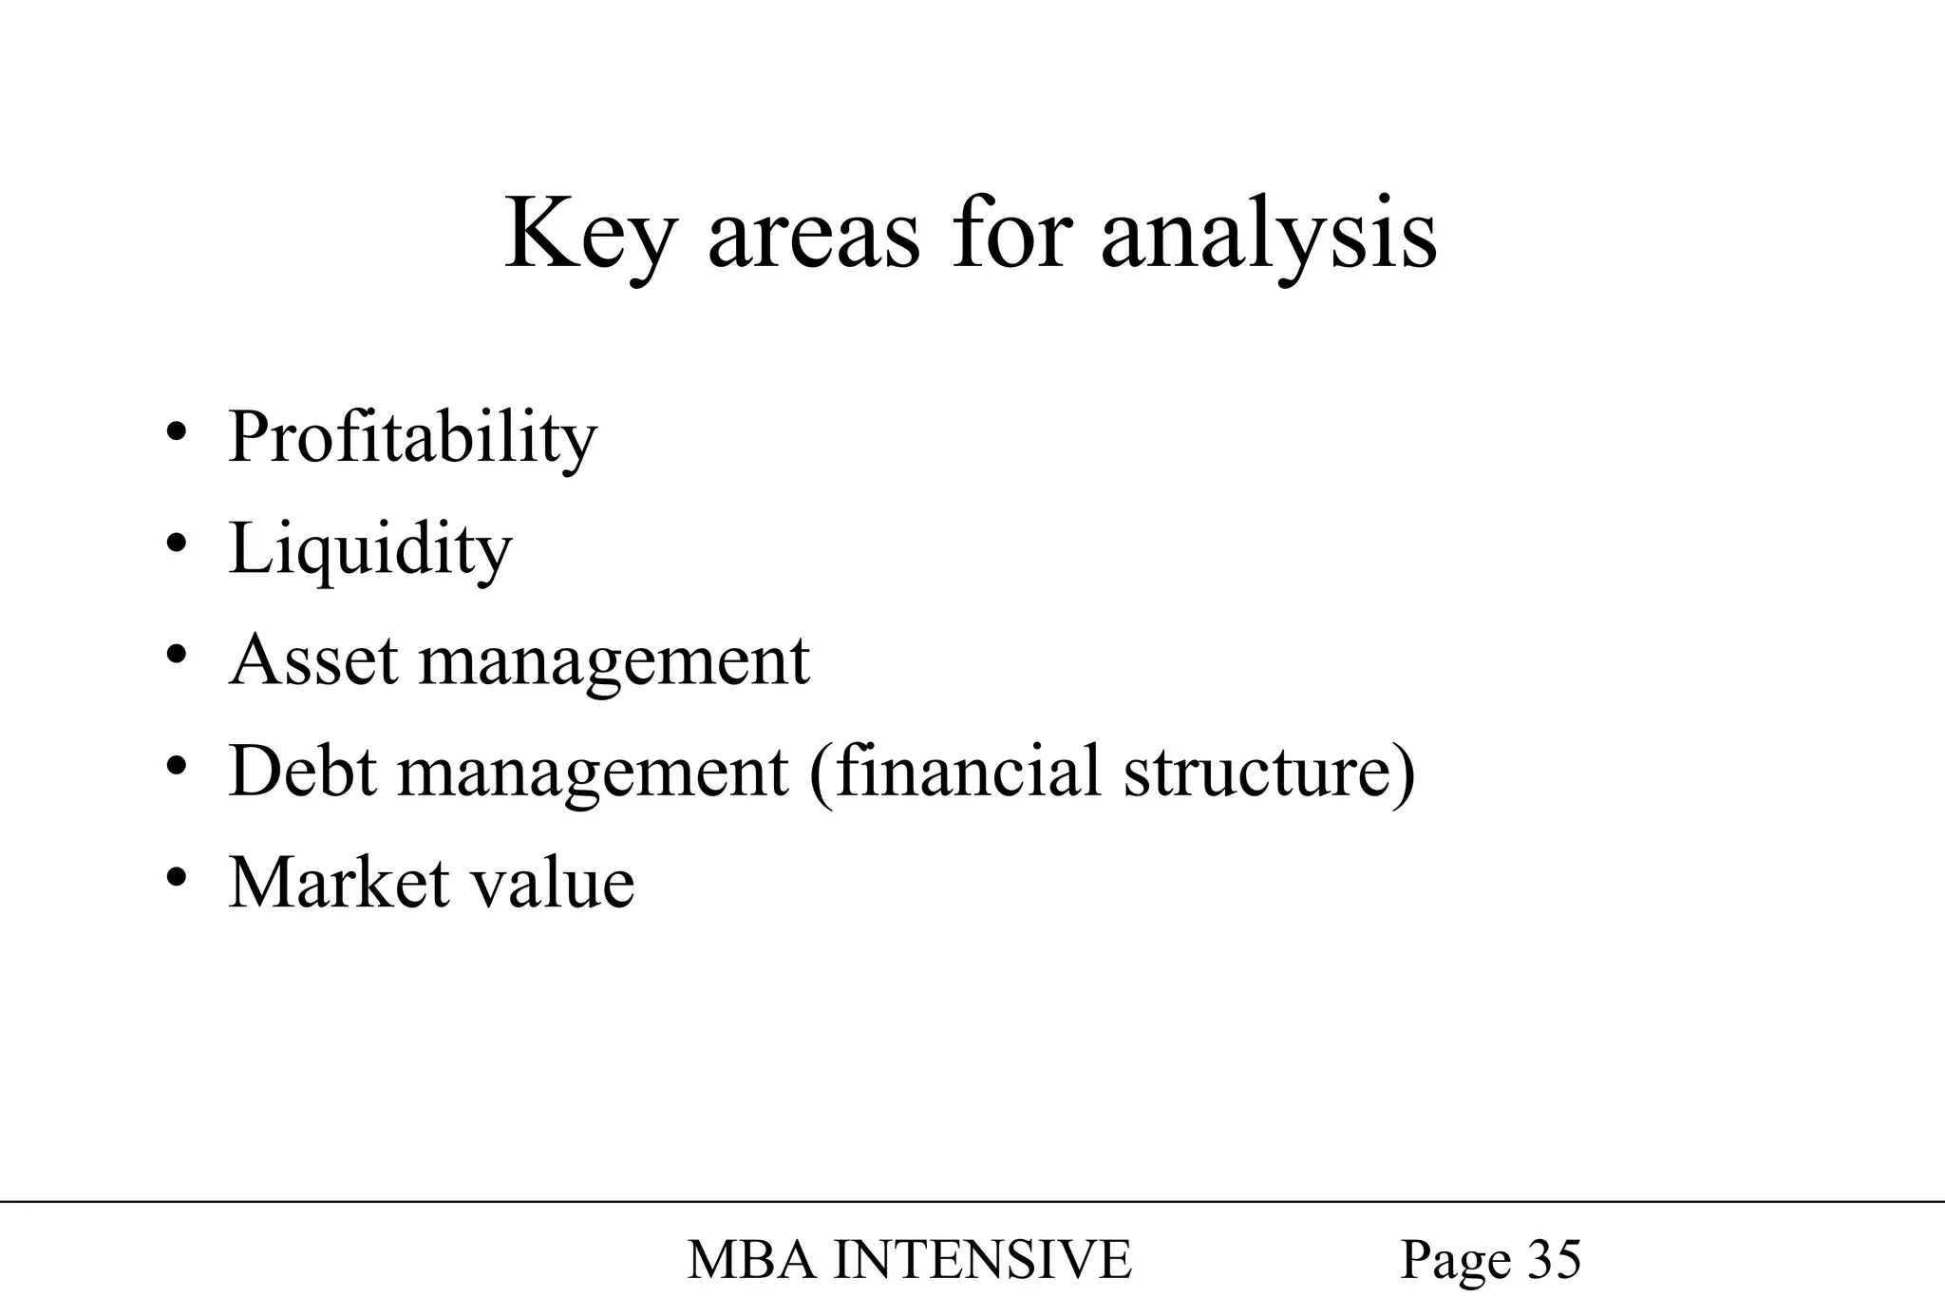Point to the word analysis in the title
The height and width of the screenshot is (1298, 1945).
click(x=1269, y=238)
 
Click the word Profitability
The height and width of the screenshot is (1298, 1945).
click(x=412, y=439)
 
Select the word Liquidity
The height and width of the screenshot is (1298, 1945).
click(x=370, y=550)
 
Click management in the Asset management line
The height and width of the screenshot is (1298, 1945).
click(x=614, y=663)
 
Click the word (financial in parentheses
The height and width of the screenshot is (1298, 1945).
click(x=955, y=772)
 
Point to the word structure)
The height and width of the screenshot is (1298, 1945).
click(x=1270, y=772)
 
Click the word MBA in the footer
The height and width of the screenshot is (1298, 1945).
click(x=750, y=1260)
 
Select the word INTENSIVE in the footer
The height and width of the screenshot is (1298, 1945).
click(x=982, y=1260)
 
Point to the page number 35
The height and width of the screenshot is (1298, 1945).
click(x=1555, y=1260)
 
